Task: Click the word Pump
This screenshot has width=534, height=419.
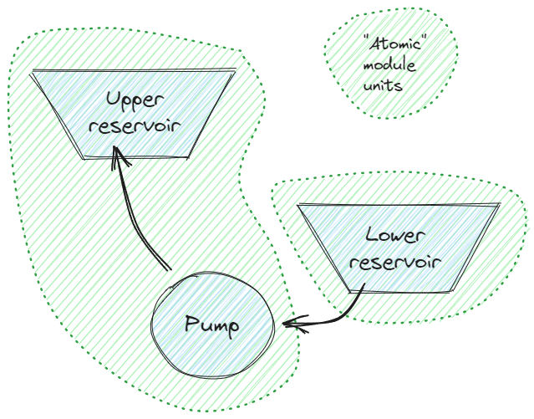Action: tap(211, 324)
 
